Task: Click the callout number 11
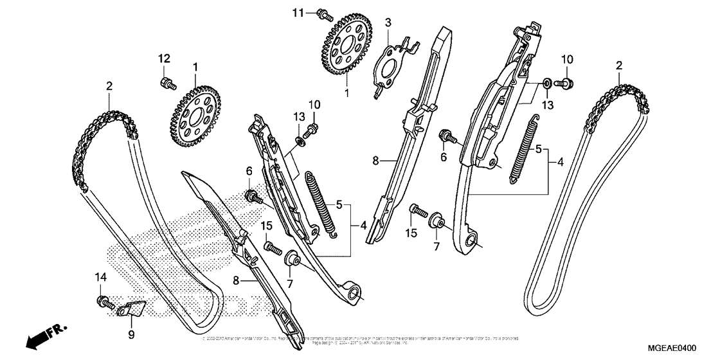tap(316, 13)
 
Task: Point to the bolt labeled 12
tap(165, 82)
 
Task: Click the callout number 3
tap(388, 23)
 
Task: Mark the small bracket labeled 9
tap(132, 309)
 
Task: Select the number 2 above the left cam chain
tap(109, 85)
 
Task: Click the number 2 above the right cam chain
tap(619, 65)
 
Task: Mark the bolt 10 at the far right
tap(566, 82)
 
